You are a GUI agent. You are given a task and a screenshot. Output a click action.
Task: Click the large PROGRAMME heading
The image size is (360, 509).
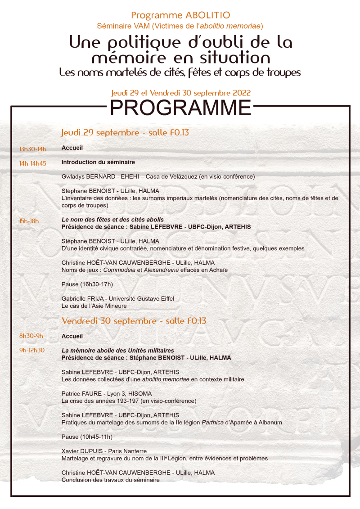tap(180, 108)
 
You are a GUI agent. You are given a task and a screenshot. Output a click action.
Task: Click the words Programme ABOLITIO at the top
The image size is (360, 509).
tap(180, 16)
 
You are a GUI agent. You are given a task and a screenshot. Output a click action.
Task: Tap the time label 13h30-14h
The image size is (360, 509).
tap(32, 149)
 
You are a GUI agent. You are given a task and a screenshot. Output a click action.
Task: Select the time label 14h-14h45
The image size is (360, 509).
tap(32, 163)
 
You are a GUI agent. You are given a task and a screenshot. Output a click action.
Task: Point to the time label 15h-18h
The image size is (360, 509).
tap(29, 221)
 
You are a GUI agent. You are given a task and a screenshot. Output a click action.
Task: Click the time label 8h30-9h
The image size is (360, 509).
tap(31, 336)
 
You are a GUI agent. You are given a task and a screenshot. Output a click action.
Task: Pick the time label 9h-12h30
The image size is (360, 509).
tap(32, 351)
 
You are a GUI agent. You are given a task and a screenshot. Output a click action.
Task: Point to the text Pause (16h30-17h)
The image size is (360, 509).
tap(87, 284)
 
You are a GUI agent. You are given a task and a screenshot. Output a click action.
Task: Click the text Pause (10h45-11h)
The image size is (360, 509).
tap(87, 437)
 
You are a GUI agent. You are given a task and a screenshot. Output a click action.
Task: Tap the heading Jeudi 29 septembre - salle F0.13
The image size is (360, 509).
tap(125, 133)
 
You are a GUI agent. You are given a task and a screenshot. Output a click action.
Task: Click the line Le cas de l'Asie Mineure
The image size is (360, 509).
tap(94, 306)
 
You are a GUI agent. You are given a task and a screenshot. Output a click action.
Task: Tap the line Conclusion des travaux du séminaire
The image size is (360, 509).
tap(110, 480)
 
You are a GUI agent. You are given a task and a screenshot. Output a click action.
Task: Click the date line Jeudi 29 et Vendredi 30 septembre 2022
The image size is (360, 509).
tap(181, 93)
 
